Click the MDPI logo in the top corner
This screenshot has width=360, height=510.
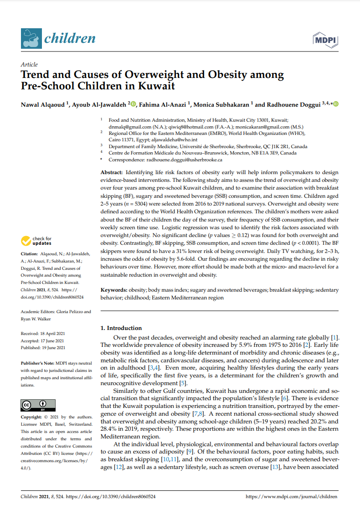click(x=325, y=40)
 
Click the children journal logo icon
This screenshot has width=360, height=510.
click(x=31, y=38)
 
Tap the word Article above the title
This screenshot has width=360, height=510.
click(x=29, y=65)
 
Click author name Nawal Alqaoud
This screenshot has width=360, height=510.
click(x=43, y=105)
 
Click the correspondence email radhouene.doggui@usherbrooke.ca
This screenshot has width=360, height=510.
click(x=184, y=160)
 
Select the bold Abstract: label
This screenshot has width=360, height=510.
click(x=111, y=173)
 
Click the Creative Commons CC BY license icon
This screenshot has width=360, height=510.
click(x=38, y=405)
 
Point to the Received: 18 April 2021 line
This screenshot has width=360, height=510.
click(x=42, y=334)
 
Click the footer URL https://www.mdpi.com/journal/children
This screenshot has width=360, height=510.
click(x=292, y=496)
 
